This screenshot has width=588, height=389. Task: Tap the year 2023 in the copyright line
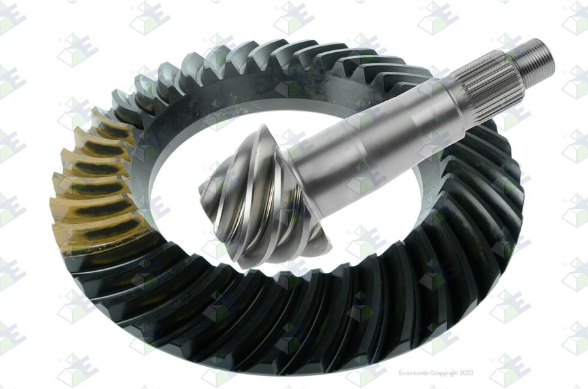tap(466, 373)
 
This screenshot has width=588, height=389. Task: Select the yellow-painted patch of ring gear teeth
tap(97, 183)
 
